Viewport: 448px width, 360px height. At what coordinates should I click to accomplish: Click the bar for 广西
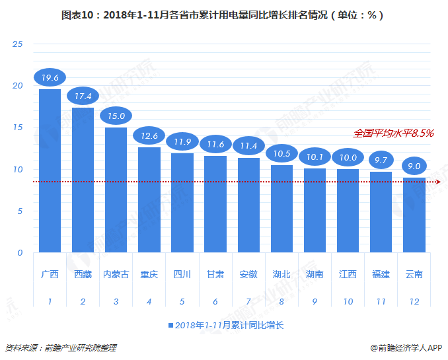(50, 170)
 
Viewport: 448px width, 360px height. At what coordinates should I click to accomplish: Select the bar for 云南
(414, 215)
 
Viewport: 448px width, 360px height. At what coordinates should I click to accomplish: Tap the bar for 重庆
(149, 199)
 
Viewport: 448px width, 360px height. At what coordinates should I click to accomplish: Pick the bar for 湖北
(281, 209)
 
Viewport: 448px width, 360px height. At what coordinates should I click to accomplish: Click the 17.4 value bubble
(83, 96)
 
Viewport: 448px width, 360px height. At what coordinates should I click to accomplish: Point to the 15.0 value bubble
(116, 116)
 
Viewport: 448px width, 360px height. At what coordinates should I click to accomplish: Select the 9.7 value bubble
(381, 160)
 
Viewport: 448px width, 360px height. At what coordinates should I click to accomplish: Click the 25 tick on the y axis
(18, 44)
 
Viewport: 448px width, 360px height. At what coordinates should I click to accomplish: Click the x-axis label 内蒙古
(116, 274)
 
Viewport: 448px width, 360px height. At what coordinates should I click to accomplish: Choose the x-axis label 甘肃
(215, 274)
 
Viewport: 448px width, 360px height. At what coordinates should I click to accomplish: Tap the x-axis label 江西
(348, 274)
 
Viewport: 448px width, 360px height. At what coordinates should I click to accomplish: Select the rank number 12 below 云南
(414, 301)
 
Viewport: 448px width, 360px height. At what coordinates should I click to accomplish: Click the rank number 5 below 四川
(182, 301)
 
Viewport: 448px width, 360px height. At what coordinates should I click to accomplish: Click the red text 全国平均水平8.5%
(393, 133)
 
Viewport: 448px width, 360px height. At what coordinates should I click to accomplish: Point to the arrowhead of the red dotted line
(437, 182)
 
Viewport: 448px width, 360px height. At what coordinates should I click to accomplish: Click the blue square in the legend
(170, 326)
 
